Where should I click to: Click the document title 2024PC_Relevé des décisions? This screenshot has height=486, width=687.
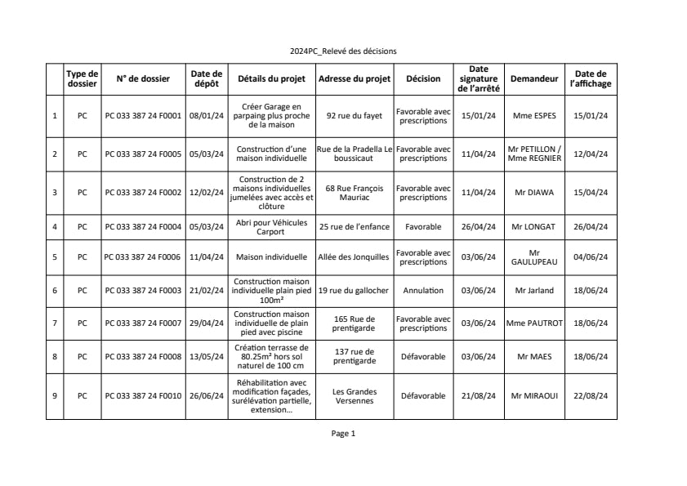[x=343, y=51]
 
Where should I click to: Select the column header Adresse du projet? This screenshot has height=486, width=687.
[x=354, y=79]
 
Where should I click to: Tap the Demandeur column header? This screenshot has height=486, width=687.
[x=534, y=79]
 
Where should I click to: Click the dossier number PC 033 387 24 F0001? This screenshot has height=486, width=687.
[x=144, y=116]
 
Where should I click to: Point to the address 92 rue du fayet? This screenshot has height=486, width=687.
[x=354, y=116]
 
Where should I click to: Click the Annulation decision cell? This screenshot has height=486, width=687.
[x=423, y=290]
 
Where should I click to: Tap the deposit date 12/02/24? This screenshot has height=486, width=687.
[x=207, y=193]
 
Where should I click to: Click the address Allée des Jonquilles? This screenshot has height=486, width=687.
[x=354, y=256]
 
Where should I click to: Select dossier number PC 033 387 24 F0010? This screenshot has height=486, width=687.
[x=144, y=396]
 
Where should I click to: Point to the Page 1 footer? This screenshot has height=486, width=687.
[x=343, y=434]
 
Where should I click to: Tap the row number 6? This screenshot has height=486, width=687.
[x=55, y=290]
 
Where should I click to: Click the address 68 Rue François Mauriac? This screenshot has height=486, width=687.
[x=354, y=193]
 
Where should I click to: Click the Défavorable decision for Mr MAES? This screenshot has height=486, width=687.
[x=423, y=356]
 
